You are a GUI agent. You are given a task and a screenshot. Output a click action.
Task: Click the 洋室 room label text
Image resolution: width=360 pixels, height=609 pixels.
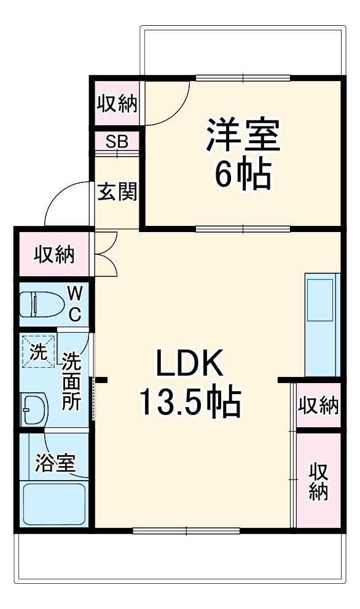(x=242, y=137)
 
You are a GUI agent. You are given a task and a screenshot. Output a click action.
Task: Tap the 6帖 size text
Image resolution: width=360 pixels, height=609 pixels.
(x=242, y=176)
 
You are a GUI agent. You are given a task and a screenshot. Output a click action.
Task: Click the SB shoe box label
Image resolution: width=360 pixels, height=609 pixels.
(x=117, y=141)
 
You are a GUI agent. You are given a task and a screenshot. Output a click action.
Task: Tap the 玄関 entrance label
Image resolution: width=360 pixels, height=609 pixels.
(x=117, y=192)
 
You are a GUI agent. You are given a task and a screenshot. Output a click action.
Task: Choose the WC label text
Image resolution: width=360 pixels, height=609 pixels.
(x=74, y=303)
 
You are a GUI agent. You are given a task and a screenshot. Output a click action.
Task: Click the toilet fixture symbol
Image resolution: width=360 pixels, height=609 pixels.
(x=39, y=303)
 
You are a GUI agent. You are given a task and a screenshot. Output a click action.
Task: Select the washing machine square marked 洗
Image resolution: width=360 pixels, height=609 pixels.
(x=38, y=352)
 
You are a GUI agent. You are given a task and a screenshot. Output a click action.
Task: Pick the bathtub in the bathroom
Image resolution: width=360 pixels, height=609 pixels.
(x=54, y=505)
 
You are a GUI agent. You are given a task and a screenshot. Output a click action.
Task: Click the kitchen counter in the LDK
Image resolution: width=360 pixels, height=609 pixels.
(x=322, y=322)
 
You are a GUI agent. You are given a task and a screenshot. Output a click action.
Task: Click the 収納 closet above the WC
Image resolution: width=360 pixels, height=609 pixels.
(x=54, y=254)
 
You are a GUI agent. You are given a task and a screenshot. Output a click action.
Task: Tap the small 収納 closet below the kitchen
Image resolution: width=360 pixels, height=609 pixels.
(x=318, y=405)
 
